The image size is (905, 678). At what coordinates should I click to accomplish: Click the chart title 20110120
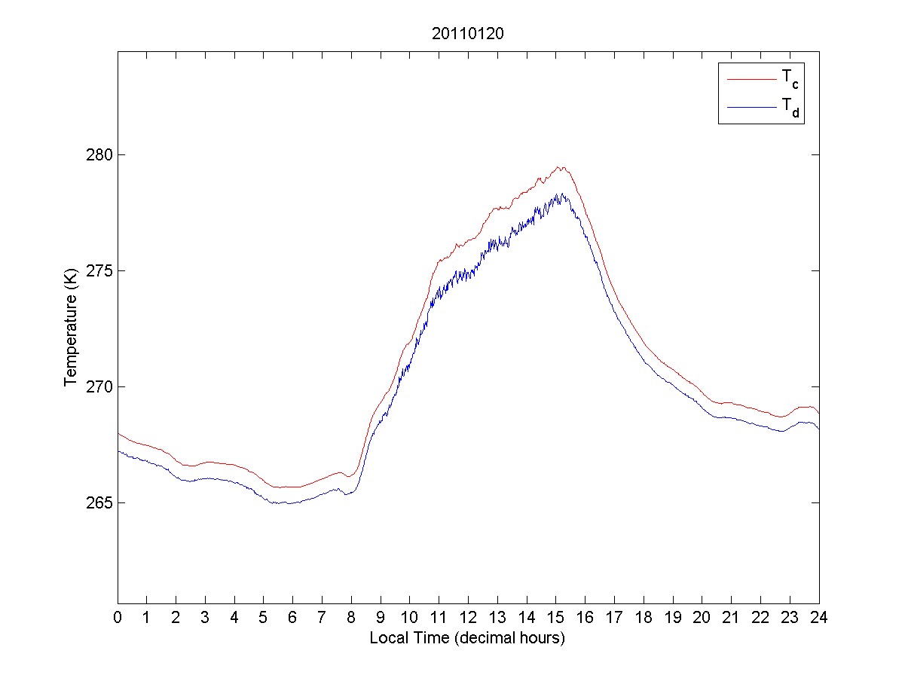click(x=467, y=34)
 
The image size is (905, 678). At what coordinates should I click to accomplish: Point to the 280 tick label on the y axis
click(x=100, y=155)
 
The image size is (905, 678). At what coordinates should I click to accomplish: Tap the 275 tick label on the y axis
click(x=100, y=271)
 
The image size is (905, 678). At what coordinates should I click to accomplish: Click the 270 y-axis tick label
click(x=100, y=387)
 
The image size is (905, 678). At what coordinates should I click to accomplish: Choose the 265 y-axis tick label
click(x=100, y=503)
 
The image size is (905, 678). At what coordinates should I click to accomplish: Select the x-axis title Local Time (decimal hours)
click(x=467, y=638)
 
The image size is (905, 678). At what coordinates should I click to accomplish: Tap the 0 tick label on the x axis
click(x=118, y=618)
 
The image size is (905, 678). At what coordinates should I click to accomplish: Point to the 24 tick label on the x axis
click(x=819, y=618)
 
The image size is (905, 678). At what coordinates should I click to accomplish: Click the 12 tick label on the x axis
click(x=468, y=618)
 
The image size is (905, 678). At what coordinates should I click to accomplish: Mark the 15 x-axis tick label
click(x=556, y=618)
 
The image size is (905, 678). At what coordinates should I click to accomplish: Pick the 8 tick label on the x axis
click(x=351, y=618)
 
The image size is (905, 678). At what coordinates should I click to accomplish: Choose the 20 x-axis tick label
click(x=702, y=618)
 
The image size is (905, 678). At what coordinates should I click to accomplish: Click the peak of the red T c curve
click(x=558, y=167)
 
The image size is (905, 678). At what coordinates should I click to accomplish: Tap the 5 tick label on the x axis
click(x=264, y=618)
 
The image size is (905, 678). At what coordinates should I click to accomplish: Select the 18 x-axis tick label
click(x=644, y=618)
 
